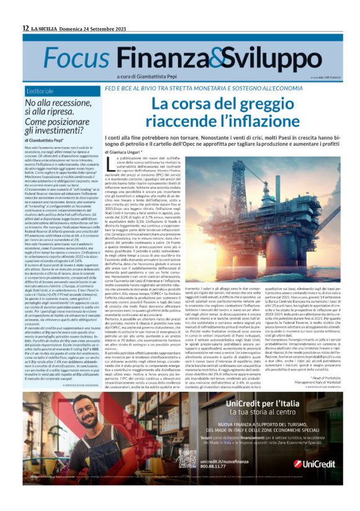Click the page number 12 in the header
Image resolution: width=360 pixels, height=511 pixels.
click(26, 28)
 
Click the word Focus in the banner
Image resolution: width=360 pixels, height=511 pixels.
click(76, 57)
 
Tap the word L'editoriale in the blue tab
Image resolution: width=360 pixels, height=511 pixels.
click(45, 91)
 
